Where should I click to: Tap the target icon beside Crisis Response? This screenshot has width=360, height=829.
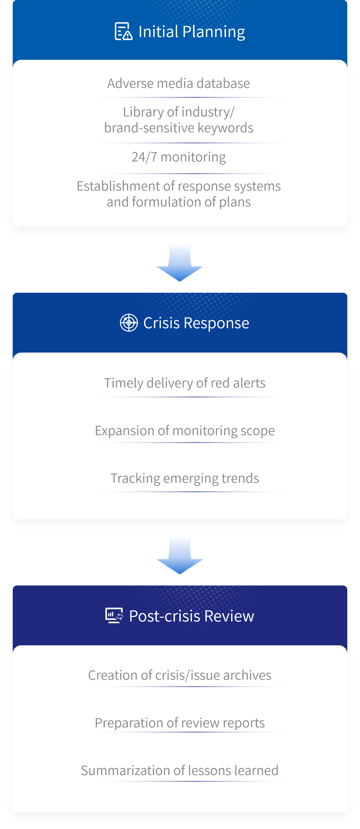pyautogui.click(x=129, y=322)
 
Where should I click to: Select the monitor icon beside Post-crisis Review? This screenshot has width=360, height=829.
pyautogui.click(x=114, y=615)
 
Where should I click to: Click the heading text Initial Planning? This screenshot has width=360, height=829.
pyautogui.click(x=192, y=32)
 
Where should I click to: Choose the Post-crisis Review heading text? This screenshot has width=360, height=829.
pyautogui.click(x=191, y=616)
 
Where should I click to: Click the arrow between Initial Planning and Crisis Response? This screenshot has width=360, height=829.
pyautogui.click(x=179, y=263)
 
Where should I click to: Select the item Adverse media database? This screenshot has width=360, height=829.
pyautogui.click(x=179, y=83)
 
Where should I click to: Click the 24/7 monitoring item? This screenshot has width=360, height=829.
pyautogui.click(x=179, y=157)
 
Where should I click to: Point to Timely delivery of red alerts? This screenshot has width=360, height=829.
pyautogui.click(x=185, y=383)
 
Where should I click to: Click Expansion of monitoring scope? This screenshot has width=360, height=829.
pyautogui.click(x=185, y=431)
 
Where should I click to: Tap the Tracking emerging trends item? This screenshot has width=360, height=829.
pyautogui.click(x=185, y=478)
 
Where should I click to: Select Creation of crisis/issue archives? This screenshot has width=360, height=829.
pyautogui.click(x=179, y=675)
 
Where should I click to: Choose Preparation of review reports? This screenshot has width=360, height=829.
pyautogui.click(x=179, y=723)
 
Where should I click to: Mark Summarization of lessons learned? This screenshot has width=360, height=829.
pyautogui.click(x=179, y=771)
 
